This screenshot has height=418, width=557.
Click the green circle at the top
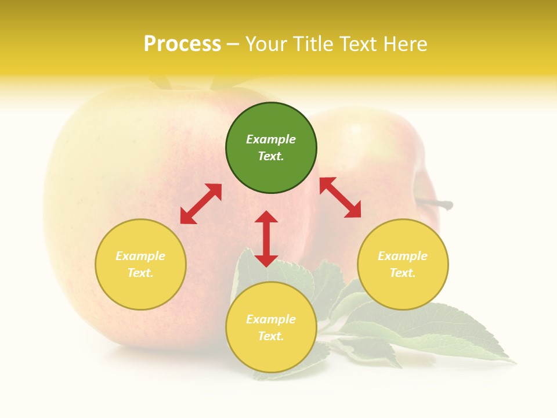(271, 148)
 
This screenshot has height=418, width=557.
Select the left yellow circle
(140, 264)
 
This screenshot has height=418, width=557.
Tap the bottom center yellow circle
(271, 327)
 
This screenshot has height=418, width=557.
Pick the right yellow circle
(403, 264)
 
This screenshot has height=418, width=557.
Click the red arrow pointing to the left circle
(201, 204)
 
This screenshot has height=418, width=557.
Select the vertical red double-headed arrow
(266, 239)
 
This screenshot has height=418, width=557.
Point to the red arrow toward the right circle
(340, 197)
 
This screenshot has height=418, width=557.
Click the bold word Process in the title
(182, 44)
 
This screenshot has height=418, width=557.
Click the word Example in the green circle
(271, 139)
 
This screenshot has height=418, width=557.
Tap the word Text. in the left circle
(140, 273)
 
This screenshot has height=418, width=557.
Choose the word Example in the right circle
(403, 256)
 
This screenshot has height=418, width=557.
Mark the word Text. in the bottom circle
(271, 336)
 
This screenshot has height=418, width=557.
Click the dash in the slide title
(233, 44)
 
